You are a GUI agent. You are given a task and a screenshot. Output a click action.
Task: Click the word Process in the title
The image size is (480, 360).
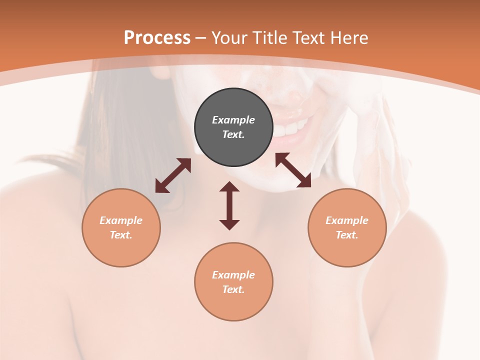(157, 38)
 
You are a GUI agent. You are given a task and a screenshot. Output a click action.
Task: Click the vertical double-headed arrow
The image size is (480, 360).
(229, 205)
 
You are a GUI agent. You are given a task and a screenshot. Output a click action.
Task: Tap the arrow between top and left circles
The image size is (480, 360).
(173, 175)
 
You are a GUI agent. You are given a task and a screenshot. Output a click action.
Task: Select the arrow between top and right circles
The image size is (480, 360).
(293, 170)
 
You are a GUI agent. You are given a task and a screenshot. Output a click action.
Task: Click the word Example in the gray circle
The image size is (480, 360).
(233, 120)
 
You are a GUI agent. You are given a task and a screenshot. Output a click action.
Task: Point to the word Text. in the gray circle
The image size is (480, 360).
(233, 134)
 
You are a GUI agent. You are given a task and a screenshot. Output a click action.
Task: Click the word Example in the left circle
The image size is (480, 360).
(121, 220)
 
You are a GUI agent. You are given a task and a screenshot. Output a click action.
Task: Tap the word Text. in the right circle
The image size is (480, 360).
(347, 235)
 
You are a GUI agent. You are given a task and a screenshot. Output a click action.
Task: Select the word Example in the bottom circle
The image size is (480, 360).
(233, 275)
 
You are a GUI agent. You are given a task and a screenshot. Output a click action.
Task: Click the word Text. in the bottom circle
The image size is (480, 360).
(233, 289)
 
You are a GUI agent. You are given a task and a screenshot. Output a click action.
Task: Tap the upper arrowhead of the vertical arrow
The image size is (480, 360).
(229, 186)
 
